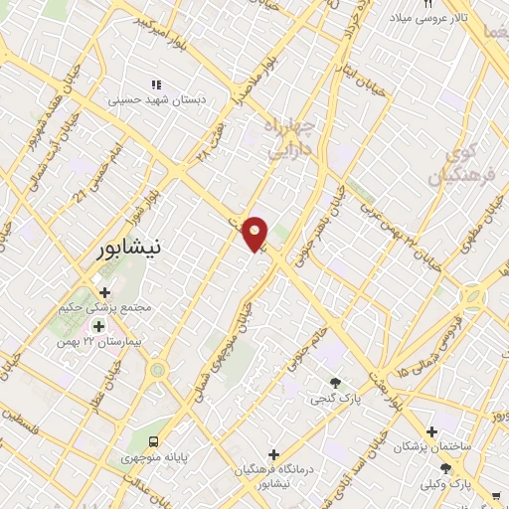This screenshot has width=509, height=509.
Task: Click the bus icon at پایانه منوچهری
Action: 153,440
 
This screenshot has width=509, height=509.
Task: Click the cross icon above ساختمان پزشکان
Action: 431,431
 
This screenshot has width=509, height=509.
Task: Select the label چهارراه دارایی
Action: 290,137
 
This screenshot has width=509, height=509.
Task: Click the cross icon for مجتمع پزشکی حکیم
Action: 104,292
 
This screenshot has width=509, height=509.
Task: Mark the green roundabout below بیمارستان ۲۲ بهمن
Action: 157,371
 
